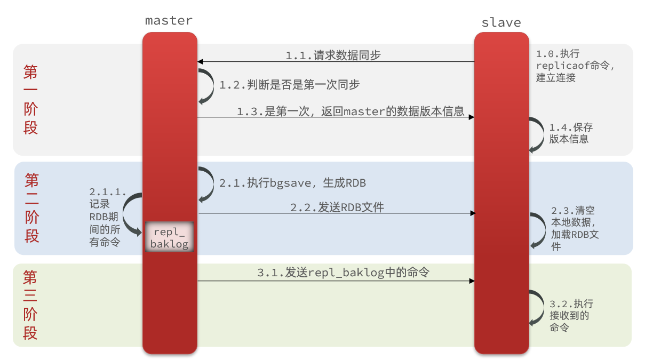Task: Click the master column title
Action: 169,21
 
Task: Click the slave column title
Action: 501,22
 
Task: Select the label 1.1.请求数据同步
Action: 333,55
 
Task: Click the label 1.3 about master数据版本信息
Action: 351,111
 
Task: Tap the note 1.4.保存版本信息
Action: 571,133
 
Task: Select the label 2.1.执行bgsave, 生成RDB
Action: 292,183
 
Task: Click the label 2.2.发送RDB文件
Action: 337,207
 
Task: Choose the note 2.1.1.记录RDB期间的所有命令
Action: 107,217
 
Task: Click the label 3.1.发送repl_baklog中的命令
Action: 343,273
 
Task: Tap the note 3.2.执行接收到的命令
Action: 571,316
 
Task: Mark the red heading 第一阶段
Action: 31,100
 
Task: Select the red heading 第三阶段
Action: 30,305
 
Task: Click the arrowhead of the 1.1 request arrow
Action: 201,62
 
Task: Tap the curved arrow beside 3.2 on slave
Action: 537,308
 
